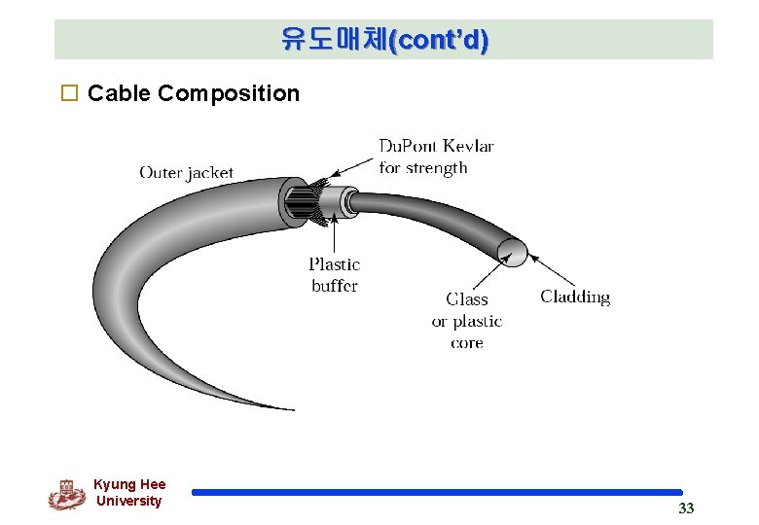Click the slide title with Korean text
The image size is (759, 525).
[x=384, y=40]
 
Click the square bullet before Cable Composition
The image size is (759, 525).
[x=68, y=94]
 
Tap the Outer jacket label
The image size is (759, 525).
[x=187, y=173]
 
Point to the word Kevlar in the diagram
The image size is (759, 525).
[x=468, y=147]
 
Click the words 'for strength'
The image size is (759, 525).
[x=423, y=168]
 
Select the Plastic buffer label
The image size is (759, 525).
[x=335, y=274]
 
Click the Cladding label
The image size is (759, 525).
[x=575, y=297]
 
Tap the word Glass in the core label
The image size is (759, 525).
[x=467, y=299]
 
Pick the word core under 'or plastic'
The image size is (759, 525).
[x=467, y=343]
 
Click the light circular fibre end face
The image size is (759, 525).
[x=513, y=252]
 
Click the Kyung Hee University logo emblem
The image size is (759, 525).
[x=66, y=494]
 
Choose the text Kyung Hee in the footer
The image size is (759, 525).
[x=129, y=484]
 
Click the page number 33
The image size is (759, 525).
[x=686, y=509]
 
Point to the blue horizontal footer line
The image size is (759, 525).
[x=437, y=493]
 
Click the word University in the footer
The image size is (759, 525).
[x=129, y=502]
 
